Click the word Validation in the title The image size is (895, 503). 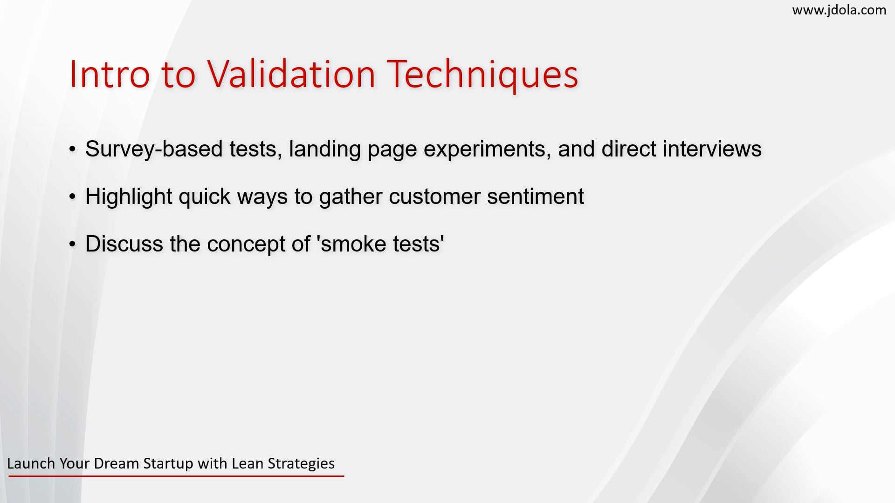(x=291, y=75)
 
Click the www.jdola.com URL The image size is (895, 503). (x=839, y=10)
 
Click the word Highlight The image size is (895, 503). (x=129, y=197)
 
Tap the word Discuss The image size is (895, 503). (x=124, y=244)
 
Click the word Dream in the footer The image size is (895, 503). (x=117, y=463)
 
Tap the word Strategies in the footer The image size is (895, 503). (x=301, y=464)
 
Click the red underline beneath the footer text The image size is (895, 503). (x=176, y=476)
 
